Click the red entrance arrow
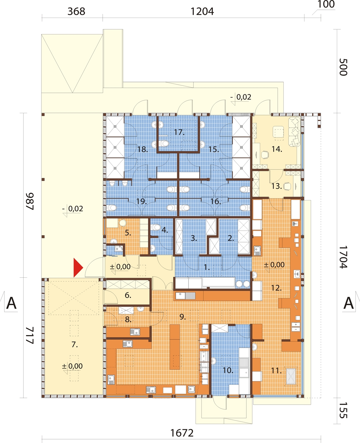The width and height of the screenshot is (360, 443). pos(78,268)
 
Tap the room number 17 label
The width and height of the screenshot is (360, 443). pos(179,132)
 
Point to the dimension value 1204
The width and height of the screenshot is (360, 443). pos(202,12)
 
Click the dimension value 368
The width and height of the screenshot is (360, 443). pos(76,12)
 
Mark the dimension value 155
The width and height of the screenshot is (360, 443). pos(343,410)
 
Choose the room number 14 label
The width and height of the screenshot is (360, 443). pos(277,149)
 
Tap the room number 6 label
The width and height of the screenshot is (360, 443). pos(128,295)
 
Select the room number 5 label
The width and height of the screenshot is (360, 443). pos(128,233)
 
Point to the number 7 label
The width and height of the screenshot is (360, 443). pos(75,345)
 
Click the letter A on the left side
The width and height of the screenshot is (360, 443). pos(12,303)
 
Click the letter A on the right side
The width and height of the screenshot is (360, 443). pos(348,303)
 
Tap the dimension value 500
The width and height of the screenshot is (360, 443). pos(343,67)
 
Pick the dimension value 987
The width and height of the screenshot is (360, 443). pos(30,201)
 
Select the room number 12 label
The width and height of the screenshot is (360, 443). pos(276,288)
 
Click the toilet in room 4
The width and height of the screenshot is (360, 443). pos(155,227)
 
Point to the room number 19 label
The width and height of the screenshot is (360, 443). pos(141,201)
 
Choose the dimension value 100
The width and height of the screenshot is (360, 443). pos(326,4)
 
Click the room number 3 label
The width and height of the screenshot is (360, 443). pos(194,238)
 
